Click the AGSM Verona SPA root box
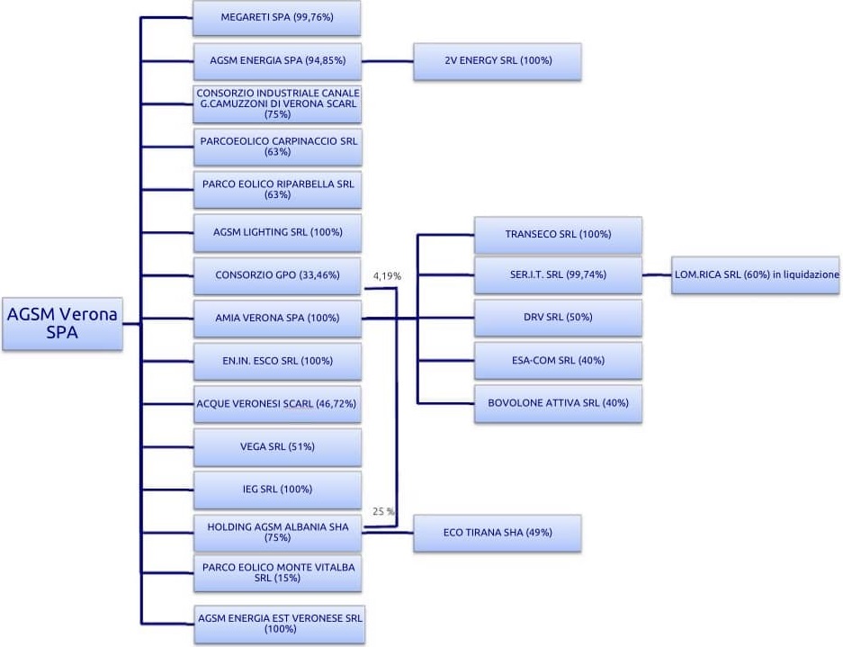(62, 323)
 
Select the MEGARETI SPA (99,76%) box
(277, 17)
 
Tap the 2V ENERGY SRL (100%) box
(498, 61)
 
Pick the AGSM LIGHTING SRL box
(277, 232)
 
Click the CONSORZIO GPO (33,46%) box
(277, 275)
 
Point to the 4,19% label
(386, 276)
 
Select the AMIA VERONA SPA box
(277, 318)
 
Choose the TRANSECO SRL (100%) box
(558, 234)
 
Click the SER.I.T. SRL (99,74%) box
(558, 275)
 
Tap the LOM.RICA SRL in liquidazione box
(755, 274)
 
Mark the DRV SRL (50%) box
(558, 318)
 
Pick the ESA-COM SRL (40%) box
(558, 360)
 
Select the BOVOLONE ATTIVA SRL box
(558, 403)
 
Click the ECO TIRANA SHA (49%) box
(498, 533)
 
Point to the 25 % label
(383, 511)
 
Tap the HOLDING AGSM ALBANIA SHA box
(277, 532)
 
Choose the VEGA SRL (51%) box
(277, 446)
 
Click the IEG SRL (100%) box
(277, 490)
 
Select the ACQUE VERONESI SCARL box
(277, 404)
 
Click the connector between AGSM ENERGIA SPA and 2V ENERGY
(387, 61)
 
